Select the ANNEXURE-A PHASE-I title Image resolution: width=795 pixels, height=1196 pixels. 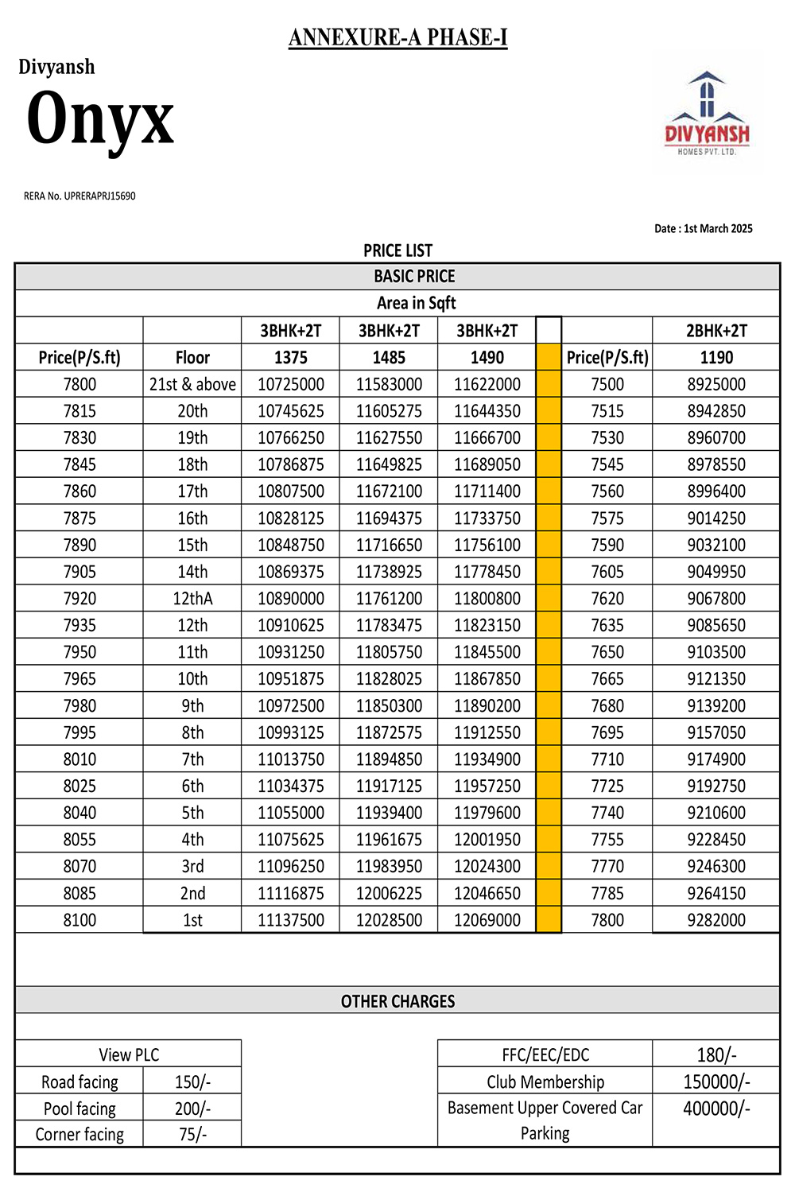coord(397,37)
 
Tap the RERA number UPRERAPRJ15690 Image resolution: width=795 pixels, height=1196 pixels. coord(79,196)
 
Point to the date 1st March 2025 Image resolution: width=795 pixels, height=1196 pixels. coord(703,228)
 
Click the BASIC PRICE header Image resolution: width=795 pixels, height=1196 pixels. coord(414,276)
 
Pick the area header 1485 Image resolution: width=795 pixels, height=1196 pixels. coord(389,358)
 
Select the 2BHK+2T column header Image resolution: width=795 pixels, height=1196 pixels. coord(716,331)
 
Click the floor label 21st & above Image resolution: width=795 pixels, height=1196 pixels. coord(192,384)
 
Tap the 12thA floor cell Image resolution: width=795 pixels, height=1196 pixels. coord(192,599)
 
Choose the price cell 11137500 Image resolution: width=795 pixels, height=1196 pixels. coord(291,920)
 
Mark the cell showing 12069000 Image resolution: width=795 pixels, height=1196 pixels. coord(487,920)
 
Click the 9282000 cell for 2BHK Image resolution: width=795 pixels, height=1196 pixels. coord(716,920)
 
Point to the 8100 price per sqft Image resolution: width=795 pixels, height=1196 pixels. coord(79,920)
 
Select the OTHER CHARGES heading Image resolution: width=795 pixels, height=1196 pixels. coord(397,1001)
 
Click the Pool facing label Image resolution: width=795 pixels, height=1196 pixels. coord(79,1109)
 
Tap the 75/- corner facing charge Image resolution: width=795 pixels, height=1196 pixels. coord(192,1134)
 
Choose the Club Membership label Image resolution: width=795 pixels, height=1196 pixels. coord(545,1081)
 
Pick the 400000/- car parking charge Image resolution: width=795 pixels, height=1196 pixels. coord(716,1109)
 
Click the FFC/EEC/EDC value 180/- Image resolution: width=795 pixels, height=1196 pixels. coord(716,1055)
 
